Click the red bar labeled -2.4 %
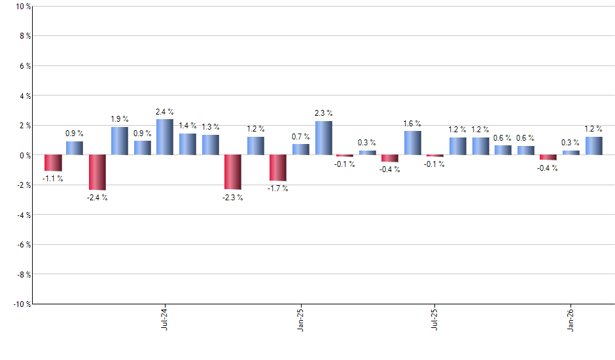(x=97, y=172)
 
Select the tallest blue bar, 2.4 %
(x=165, y=137)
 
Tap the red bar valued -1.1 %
(x=53, y=163)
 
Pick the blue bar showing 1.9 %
(x=120, y=141)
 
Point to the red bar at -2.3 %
(x=232, y=172)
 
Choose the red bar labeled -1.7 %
(x=277, y=168)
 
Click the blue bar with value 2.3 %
(x=324, y=138)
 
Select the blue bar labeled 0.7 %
(x=301, y=149)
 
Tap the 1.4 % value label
(x=188, y=125)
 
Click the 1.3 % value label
(x=211, y=126)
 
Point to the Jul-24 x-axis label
(x=164, y=319)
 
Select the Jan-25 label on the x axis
(x=300, y=319)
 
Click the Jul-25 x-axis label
(x=434, y=319)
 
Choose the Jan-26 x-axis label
(x=571, y=319)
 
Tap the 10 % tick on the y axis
(x=23, y=7)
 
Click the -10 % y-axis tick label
(x=22, y=304)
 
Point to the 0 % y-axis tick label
(x=25, y=155)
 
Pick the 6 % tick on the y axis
(x=25, y=66)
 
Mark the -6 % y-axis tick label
(x=24, y=244)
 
